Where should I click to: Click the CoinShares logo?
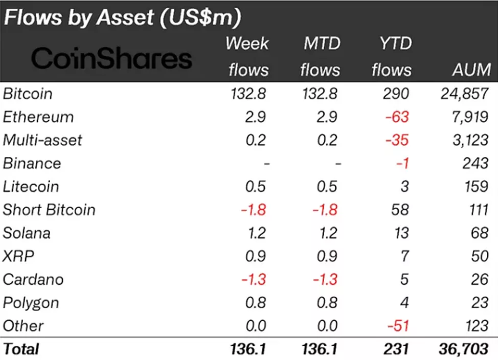(111, 59)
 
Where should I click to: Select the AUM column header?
(471, 70)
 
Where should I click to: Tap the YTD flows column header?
(391, 56)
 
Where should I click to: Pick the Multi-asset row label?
(42, 140)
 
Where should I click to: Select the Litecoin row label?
(31, 187)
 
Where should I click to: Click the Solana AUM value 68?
(480, 233)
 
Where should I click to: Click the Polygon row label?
(31, 303)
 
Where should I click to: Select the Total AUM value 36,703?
(463, 349)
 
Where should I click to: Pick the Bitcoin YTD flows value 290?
(397, 94)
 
